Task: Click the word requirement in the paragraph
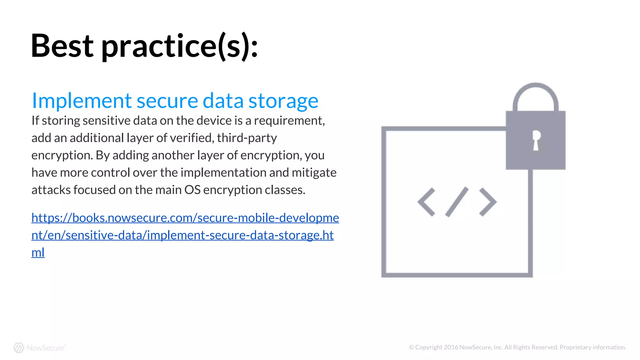pos(288,121)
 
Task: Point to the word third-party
pos(247,138)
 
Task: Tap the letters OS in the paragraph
pos(192,190)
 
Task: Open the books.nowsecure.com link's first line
pos(185,218)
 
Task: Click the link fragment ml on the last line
pos(38,252)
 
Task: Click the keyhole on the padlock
pos(536,140)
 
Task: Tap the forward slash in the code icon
pos(457,202)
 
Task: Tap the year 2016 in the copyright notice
pos(451,347)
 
